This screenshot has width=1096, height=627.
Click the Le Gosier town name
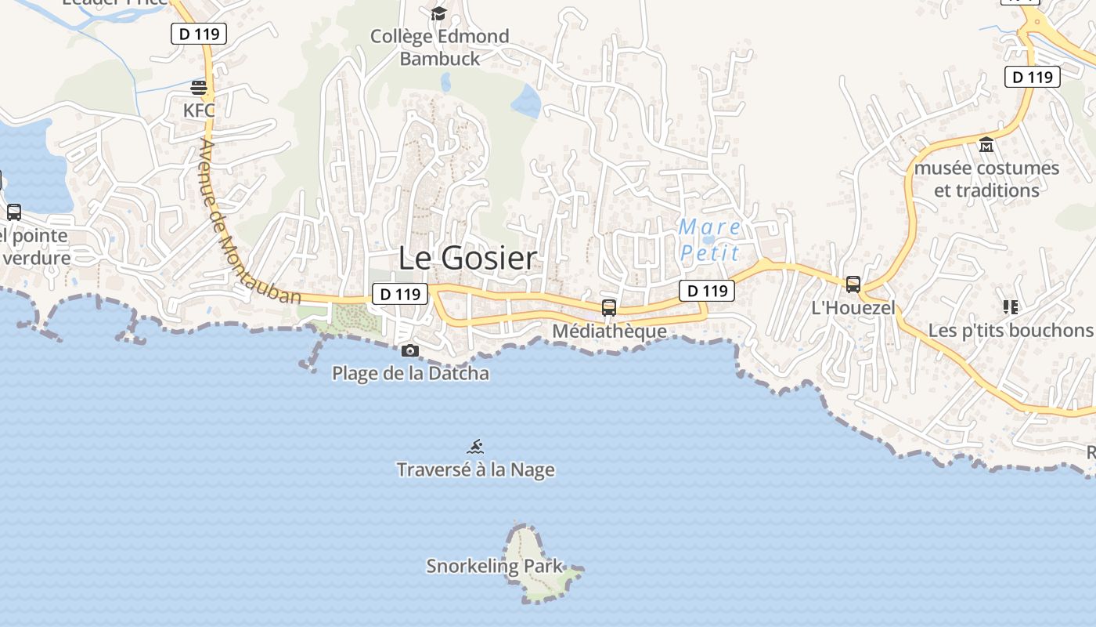(467, 258)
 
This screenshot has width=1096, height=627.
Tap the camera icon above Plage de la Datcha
(409, 350)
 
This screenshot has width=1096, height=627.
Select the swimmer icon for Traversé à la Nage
(475, 448)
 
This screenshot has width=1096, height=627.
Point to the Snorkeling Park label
(494, 566)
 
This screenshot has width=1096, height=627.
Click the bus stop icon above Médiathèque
(609, 307)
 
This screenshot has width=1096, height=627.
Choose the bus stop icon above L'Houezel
(853, 284)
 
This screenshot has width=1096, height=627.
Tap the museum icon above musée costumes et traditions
(986, 145)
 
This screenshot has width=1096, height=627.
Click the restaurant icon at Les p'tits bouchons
(1010, 307)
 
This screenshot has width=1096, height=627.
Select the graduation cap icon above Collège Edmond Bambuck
(438, 13)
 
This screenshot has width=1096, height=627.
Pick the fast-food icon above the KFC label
(199, 86)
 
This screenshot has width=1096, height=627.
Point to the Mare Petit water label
(709, 240)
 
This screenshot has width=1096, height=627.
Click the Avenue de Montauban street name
(249, 223)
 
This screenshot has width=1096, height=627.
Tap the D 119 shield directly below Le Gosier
(399, 295)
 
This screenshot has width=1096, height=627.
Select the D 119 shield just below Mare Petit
(706, 291)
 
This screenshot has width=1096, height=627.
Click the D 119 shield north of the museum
(1032, 77)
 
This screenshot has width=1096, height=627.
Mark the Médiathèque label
(609, 331)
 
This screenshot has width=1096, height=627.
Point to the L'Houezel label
(853, 308)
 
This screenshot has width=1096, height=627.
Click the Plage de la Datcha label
(410, 373)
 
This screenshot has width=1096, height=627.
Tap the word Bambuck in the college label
(439, 58)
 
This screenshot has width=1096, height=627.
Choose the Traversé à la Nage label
(475, 469)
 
